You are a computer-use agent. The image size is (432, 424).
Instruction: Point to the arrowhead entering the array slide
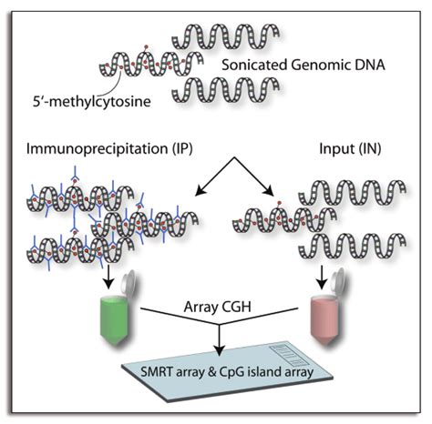tap(220, 353)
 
